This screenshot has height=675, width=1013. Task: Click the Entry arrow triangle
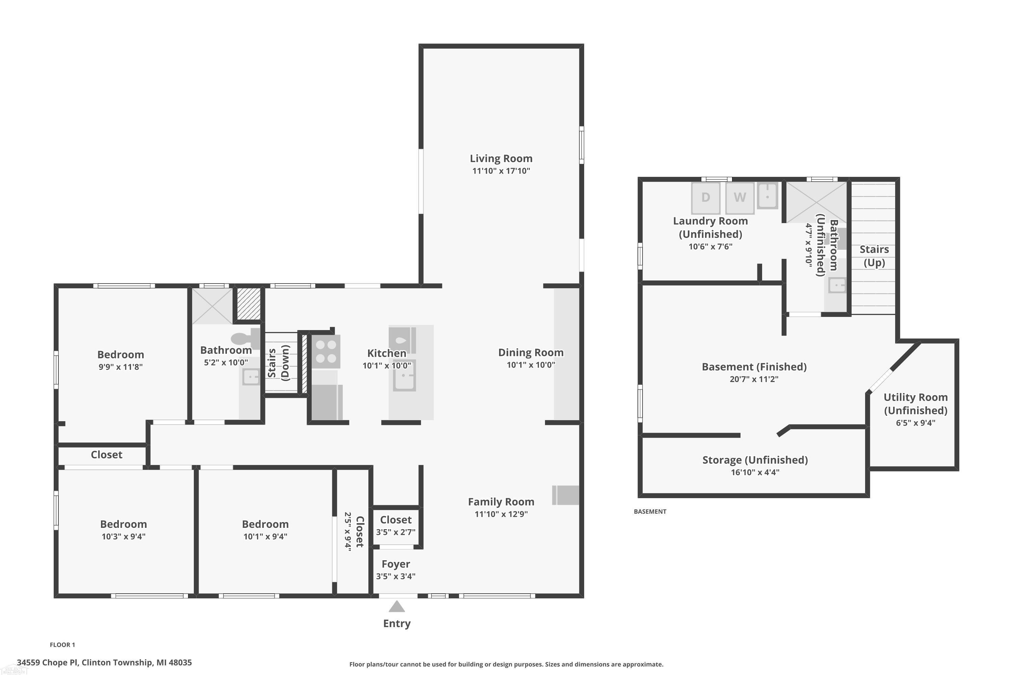click(397, 606)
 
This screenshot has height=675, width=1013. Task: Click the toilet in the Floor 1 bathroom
click(246, 339)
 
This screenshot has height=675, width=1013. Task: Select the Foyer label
click(395, 564)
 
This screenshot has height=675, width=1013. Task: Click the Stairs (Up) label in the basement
click(874, 256)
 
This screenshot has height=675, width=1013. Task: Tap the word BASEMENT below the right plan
click(650, 511)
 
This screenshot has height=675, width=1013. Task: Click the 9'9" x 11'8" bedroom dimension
click(120, 367)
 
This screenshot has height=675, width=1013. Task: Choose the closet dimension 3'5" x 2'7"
click(395, 532)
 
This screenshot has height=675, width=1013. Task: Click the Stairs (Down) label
click(278, 363)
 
